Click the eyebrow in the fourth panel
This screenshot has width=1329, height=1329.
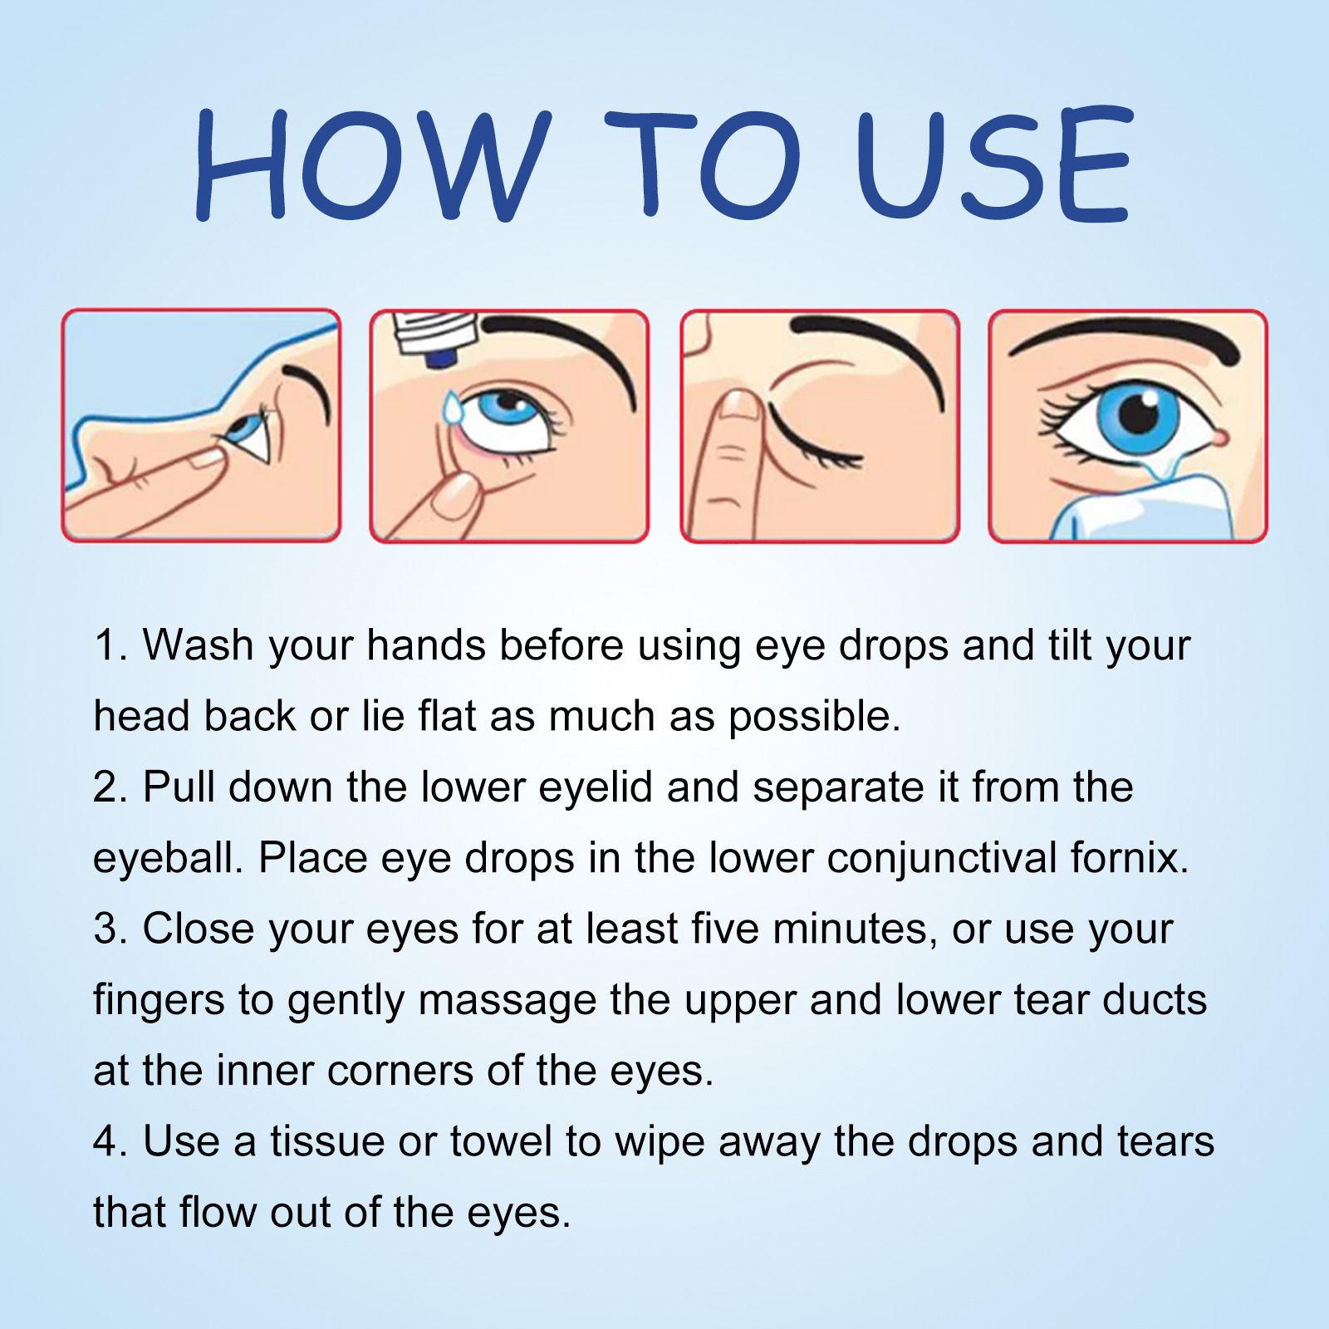tap(1125, 336)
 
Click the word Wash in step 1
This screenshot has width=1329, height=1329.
tap(198, 645)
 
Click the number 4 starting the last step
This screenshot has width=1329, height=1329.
tap(106, 1141)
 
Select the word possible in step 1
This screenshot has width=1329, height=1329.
tap(813, 717)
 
